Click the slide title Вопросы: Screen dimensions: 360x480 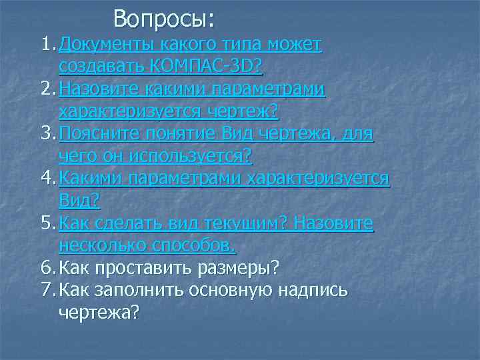[x=164, y=19]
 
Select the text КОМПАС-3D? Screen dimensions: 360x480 [x=207, y=67]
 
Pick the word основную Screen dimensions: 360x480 [x=237, y=291]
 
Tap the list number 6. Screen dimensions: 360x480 [x=45, y=269]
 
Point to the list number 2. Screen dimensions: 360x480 [x=45, y=90]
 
